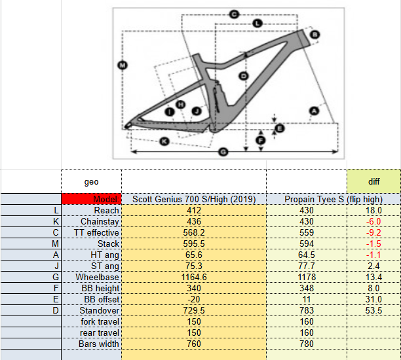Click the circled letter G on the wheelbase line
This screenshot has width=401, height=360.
[223, 153]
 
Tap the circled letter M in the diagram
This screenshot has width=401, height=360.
[123, 65]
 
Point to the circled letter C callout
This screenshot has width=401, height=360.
[234, 14]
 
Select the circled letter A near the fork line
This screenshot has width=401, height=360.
[314, 111]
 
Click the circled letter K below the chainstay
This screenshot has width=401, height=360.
[164, 141]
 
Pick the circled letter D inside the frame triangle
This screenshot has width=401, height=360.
[244, 76]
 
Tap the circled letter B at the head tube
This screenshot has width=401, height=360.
[315, 35]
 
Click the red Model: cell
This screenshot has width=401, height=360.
[91, 199]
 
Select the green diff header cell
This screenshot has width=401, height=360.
[373, 181]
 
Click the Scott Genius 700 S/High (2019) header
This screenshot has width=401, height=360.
[194, 199]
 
